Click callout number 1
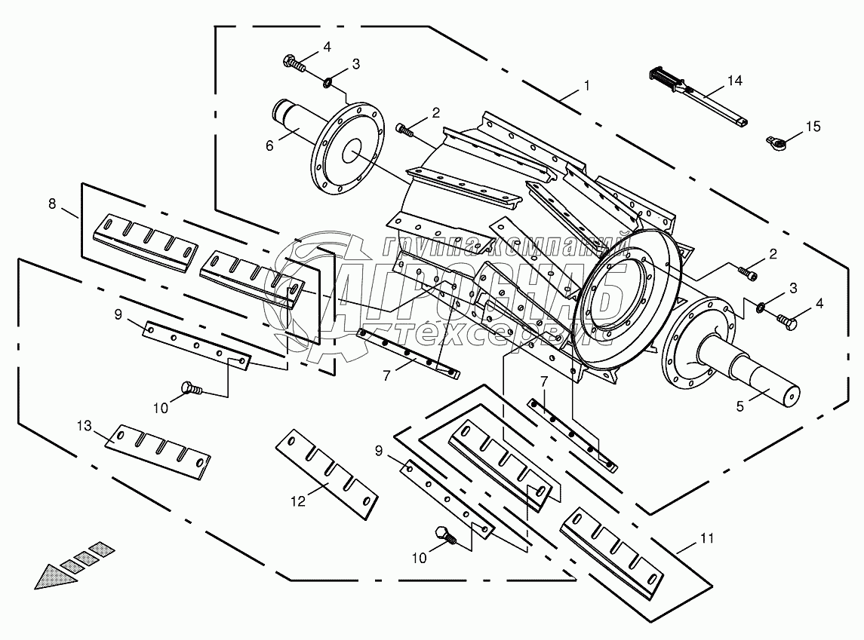[x=586, y=87]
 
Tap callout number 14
[x=735, y=80]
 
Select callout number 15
[x=812, y=127]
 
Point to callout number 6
[x=270, y=146]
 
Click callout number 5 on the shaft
[x=740, y=406]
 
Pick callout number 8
[x=51, y=203]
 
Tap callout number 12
[x=300, y=500]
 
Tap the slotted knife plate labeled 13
[x=158, y=451]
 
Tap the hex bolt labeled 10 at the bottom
[x=445, y=536]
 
